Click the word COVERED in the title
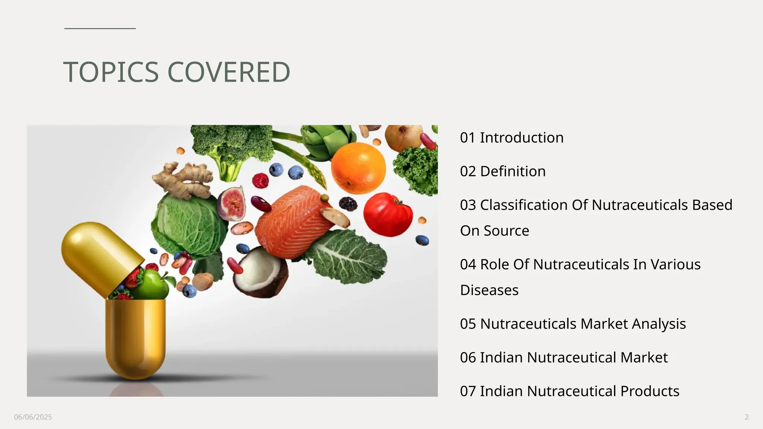tap(228, 72)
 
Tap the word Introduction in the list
tap(522, 138)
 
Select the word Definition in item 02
tap(513, 171)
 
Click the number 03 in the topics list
tap(468, 205)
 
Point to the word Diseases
tap(489, 290)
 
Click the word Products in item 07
tap(650, 391)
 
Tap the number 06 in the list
tap(468, 357)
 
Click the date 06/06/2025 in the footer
tap(33, 417)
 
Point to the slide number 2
tap(747, 417)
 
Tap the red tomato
tap(388, 214)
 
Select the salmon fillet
tap(294, 223)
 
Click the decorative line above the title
tap(100, 28)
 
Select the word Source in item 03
tap(506, 231)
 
